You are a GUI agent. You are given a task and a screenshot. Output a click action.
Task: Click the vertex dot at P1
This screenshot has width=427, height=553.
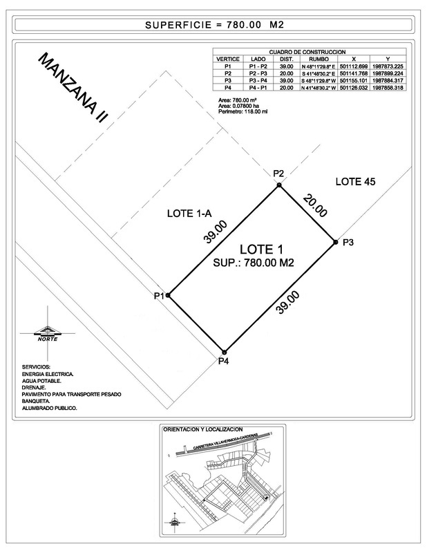point(168,295)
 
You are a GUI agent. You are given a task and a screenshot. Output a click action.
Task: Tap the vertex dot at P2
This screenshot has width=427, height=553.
point(278,185)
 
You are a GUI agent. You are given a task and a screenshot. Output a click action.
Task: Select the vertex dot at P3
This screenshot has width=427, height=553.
point(335,242)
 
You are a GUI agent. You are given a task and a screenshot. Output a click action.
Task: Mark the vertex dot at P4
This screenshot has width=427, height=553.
point(224,351)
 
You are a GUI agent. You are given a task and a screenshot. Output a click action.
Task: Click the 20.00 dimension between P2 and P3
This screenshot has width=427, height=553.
point(314,206)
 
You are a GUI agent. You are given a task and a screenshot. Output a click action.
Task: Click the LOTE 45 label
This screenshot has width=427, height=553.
point(354,182)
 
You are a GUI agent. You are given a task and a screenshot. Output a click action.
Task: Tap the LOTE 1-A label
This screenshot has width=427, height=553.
point(189,214)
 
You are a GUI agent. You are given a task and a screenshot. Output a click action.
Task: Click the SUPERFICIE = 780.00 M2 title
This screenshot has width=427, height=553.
point(215,26)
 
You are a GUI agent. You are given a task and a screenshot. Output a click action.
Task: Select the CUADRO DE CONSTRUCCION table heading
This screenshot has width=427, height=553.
point(307,53)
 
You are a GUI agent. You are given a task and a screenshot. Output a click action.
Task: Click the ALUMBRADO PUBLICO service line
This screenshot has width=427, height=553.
point(50,408)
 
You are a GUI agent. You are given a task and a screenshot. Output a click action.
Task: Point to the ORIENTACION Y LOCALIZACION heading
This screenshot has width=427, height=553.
point(202,429)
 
